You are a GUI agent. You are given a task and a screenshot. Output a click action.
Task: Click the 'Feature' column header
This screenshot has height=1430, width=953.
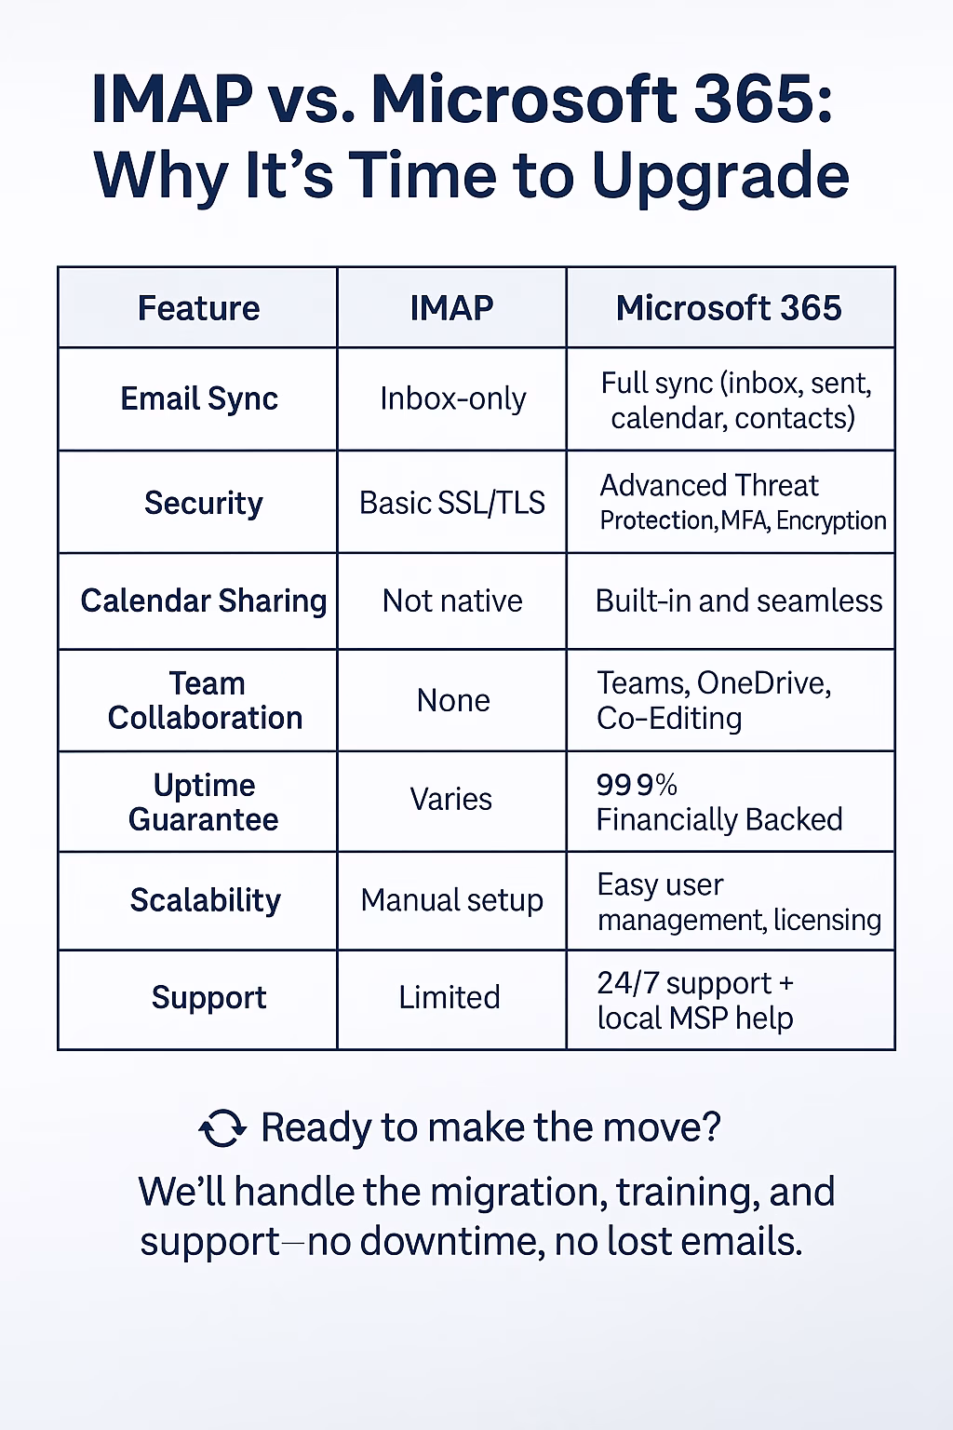198,308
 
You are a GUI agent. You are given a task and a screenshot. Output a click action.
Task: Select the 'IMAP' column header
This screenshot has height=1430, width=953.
451,308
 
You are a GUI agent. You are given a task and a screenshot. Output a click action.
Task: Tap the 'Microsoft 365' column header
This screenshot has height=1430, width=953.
729,308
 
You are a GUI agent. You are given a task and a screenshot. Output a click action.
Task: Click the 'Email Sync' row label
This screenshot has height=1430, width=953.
199,398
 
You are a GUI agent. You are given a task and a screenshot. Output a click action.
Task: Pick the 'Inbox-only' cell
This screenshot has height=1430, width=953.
452,399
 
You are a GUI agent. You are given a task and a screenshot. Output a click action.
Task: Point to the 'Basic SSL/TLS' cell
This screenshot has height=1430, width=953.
452,503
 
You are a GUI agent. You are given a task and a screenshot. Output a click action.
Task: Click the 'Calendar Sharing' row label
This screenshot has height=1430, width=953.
203,600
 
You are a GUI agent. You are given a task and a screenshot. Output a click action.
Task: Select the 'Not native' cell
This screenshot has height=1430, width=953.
452,601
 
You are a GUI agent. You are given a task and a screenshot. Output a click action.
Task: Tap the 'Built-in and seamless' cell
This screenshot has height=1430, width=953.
738,601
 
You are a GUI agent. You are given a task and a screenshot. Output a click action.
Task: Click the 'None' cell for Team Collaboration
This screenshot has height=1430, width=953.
452,700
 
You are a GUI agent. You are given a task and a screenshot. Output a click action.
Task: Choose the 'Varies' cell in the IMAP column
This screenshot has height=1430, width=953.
451,799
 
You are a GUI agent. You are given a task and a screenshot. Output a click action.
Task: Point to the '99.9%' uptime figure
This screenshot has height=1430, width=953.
637,785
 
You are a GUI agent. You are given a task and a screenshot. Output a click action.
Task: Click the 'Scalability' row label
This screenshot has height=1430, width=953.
205,900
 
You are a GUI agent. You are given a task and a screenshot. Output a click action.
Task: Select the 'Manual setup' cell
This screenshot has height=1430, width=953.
452,900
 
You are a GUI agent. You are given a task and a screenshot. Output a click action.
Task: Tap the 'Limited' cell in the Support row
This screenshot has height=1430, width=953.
450,997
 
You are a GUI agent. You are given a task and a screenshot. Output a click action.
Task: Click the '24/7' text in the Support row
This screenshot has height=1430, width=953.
627,983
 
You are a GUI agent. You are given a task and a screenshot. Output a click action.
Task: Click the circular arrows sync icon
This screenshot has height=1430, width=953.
222,1128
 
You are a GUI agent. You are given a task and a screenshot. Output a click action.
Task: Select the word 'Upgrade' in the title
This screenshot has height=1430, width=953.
720,175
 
